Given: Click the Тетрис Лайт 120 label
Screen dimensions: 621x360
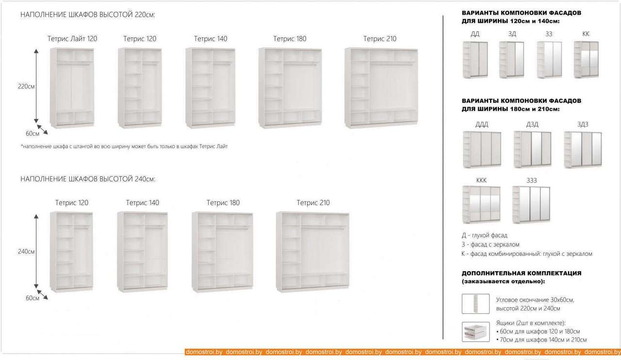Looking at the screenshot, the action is [x=72, y=38].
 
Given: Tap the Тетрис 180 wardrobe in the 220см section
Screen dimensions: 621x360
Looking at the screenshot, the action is [x=290, y=88].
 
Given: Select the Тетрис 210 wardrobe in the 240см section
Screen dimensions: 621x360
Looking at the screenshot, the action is [x=313, y=252].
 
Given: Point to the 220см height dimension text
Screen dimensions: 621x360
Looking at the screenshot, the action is [x=26, y=86].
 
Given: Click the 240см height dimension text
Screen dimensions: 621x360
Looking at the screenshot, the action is [x=26, y=251].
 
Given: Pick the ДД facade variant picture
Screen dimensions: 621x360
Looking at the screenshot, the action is [x=475, y=60].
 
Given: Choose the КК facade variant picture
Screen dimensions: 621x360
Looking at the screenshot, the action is [x=586, y=60].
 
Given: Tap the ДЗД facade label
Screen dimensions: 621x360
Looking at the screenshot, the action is [x=532, y=124].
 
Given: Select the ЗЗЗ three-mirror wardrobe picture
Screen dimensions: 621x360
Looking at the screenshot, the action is [x=531, y=204].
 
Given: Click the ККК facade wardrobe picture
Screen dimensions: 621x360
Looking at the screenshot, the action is [x=481, y=204].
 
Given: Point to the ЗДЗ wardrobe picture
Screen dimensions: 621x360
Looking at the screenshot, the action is [x=583, y=150].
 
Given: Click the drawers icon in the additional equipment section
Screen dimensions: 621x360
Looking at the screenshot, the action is [x=475, y=332].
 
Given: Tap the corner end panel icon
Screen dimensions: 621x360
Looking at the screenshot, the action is [x=475, y=304].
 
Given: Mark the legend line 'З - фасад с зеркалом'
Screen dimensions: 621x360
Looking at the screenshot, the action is [x=490, y=245].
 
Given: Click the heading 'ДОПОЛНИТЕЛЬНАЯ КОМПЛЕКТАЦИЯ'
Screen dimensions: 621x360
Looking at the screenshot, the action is [x=522, y=273].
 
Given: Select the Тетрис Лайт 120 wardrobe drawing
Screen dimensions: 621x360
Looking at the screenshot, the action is [x=72, y=88].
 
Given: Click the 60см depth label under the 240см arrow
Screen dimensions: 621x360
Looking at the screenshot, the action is [x=33, y=298].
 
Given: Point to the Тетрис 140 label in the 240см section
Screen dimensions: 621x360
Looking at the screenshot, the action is [x=143, y=203].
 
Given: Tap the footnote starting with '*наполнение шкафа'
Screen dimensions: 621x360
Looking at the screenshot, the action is [x=124, y=146].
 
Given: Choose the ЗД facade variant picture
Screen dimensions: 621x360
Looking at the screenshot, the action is [x=512, y=60].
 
